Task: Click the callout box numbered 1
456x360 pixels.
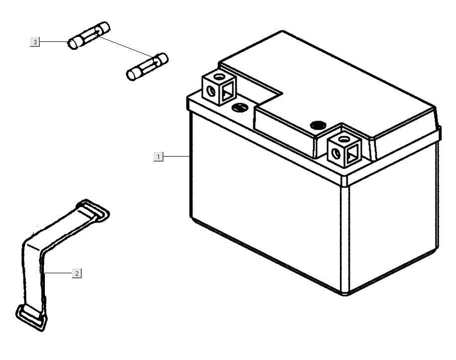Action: [158, 157]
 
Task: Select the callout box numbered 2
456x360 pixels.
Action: [77, 273]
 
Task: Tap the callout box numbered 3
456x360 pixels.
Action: [35, 42]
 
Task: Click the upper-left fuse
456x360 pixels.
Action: [89, 35]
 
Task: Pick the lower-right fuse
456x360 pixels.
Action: [148, 67]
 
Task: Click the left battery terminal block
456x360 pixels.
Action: [219, 87]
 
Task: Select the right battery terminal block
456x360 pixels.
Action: [344, 149]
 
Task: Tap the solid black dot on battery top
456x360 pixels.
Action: [318, 126]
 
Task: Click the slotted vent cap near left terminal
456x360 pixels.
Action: [240, 107]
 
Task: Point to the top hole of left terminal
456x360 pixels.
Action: [219, 77]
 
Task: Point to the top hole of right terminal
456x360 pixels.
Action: [344, 139]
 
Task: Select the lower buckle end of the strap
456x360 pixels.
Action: [31, 318]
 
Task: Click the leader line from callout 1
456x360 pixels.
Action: [176, 157]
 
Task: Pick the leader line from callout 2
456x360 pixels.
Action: [56, 273]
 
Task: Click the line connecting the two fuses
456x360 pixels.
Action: [126, 46]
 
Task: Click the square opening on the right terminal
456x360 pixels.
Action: [352, 154]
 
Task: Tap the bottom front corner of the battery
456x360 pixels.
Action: [345, 295]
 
